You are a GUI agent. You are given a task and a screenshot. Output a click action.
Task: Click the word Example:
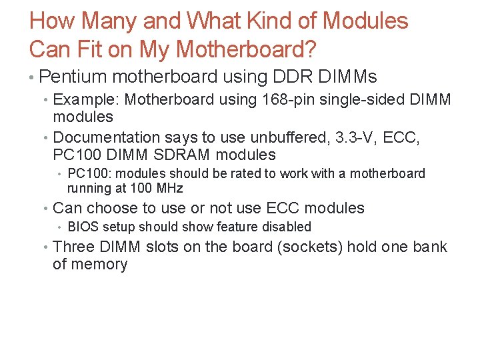pos(87,100)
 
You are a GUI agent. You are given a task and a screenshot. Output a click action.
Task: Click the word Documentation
pos(107,137)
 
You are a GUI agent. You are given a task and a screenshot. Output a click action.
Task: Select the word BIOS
pos(83,227)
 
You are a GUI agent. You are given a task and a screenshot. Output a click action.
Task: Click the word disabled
pos(287,227)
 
